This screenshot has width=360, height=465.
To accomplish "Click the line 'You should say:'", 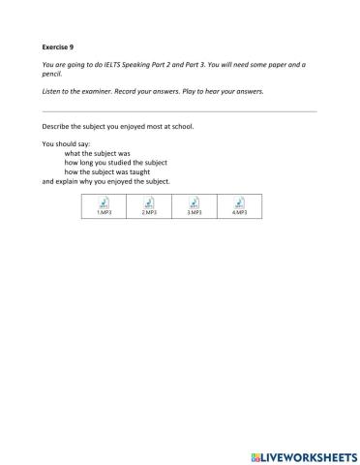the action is [x=69, y=145].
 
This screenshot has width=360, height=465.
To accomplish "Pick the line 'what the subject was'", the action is [x=97, y=154].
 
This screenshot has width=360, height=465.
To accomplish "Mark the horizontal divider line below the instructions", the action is [x=179, y=110].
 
